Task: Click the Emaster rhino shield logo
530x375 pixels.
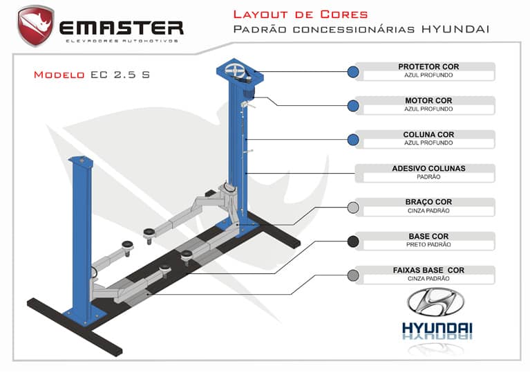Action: pos(36,25)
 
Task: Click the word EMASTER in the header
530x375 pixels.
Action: pos(121,28)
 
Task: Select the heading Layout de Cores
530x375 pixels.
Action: pos(300,14)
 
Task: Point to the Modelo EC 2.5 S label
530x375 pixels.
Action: pos(91,75)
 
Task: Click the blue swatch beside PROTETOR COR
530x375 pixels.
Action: pos(353,72)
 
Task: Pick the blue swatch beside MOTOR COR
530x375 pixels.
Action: pos(353,106)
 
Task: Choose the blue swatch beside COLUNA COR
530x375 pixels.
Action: pos(353,140)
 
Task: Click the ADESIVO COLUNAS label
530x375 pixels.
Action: pos(428,168)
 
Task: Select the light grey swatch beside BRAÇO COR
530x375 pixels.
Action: pos(353,208)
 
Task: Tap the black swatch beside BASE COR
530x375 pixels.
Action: pos(353,241)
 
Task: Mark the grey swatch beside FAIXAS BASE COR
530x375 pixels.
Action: pos(353,275)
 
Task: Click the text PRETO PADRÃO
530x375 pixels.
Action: pos(428,244)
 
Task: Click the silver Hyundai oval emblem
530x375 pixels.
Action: pos(436,302)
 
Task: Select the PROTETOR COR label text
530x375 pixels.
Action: pos(428,66)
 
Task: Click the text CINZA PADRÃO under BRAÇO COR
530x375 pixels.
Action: pos(428,210)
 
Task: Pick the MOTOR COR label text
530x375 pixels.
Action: pos(428,100)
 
